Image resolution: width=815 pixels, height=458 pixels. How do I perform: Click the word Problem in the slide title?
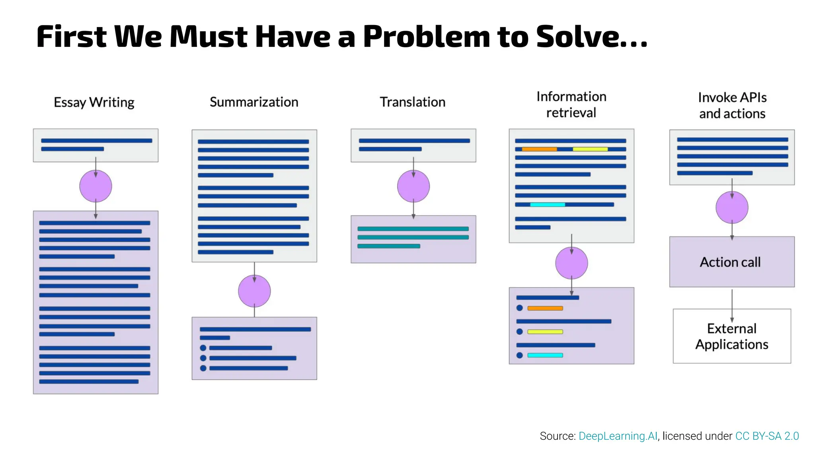click(x=426, y=37)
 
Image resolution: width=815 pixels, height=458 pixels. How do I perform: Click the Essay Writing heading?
click(x=94, y=102)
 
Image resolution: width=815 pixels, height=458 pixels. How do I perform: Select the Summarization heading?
click(x=254, y=102)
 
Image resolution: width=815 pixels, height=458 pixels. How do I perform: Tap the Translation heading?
click(x=412, y=102)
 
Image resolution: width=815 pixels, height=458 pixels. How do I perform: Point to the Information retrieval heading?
click(x=571, y=105)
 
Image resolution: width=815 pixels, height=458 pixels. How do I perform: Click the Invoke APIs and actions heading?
click(x=732, y=105)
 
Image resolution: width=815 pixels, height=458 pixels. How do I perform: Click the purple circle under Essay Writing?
click(x=96, y=186)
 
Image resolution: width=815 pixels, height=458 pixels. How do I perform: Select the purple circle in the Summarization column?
click(x=254, y=291)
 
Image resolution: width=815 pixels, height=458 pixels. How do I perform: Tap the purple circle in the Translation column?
click(x=413, y=186)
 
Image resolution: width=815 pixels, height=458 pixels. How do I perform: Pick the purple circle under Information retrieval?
click(x=571, y=263)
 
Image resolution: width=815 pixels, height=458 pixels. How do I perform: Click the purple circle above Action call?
click(x=732, y=207)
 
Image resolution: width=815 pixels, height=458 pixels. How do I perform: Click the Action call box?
click(x=731, y=262)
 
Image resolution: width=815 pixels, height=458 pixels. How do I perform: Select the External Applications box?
click(x=731, y=336)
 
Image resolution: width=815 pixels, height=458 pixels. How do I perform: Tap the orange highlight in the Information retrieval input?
click(x=539, y=149)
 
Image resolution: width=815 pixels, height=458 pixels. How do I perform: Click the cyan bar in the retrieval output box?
click(x=545, y=355)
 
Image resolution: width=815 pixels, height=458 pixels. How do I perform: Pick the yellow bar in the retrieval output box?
click(x=545, y=332)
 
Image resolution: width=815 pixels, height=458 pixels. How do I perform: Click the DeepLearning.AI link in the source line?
click(x=618, y=436)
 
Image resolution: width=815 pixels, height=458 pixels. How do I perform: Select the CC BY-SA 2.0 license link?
click(x=767, y=436)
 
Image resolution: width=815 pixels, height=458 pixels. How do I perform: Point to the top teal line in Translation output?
click(x=413, y=229)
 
